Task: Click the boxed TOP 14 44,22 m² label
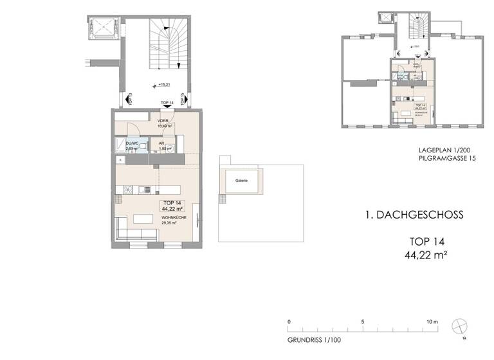(171, 206)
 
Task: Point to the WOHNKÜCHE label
(171, 219)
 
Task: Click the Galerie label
(242, 181)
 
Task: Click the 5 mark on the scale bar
(363, 321)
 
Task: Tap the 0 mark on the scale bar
(289, 321)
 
